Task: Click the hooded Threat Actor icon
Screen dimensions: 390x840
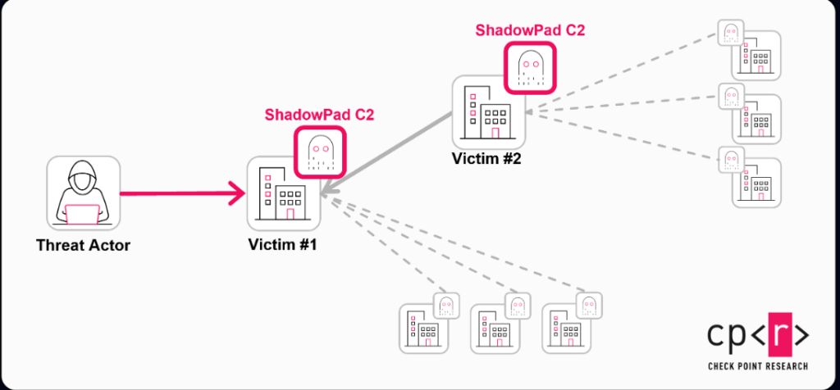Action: coord(83,193)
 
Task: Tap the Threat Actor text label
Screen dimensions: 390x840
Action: coord(83,245)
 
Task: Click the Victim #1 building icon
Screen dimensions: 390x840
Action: coord(283,194)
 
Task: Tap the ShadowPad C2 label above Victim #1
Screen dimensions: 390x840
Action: coord(319,115)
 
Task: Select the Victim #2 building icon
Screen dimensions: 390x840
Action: coord(489,112)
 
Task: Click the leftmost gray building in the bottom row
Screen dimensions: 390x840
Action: coord(425,329)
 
